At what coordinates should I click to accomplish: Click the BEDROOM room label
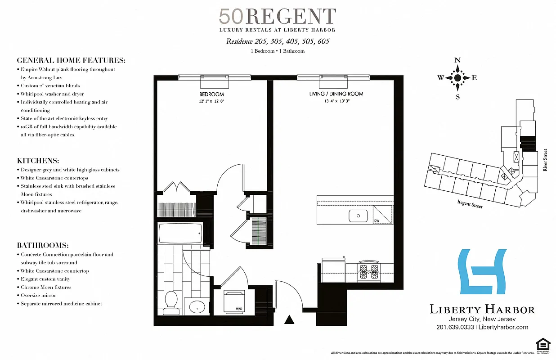pos(211,94)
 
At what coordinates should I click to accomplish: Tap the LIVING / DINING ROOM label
pos(336,94)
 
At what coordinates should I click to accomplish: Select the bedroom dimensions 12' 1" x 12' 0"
pos(211,101)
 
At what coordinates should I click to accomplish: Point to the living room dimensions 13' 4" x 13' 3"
pos(336,101)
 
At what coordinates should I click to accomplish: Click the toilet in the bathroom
pos(171,302)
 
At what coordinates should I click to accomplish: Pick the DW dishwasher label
pos(377,220)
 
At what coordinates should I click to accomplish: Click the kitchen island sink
pos(359,216)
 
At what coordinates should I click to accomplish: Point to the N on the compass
pos(457,60)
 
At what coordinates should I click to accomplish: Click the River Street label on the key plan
pos(545,161)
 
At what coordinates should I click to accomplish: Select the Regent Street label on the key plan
pos(470,205)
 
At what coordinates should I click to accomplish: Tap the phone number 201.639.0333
pos(455,327)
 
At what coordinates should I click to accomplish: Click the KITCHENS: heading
pos(38,161)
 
